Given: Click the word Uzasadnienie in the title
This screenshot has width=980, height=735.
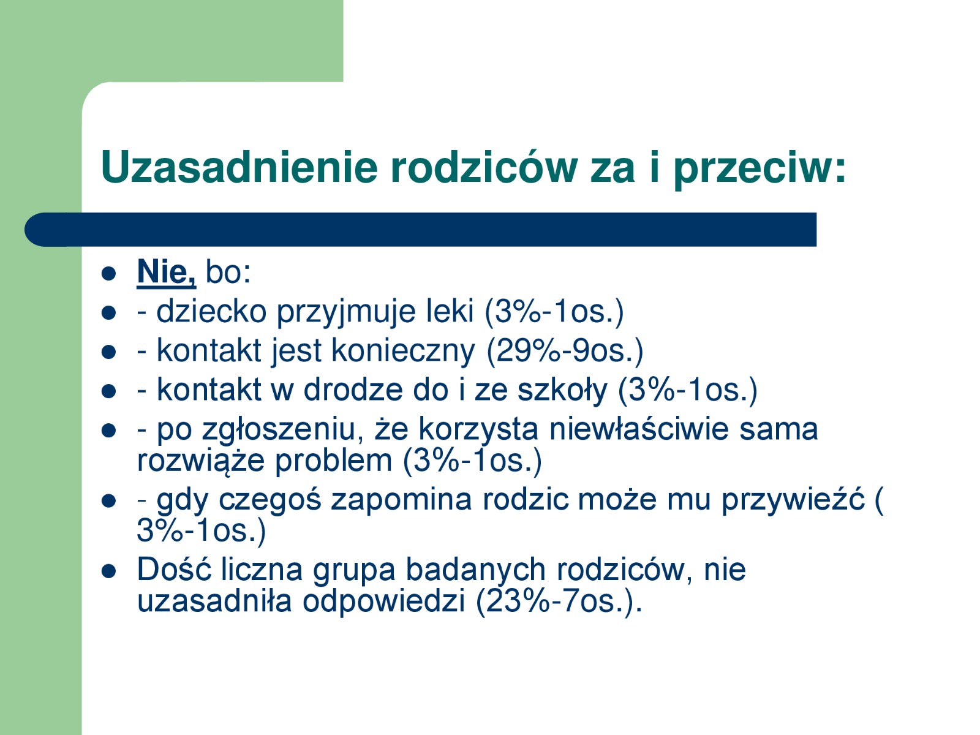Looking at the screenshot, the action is (239, 167).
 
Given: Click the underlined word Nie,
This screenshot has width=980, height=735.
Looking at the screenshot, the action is (166, 272).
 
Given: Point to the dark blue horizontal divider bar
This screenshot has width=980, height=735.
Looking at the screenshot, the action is (421, 229).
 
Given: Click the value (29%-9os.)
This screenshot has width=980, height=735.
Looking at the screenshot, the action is (565, 351).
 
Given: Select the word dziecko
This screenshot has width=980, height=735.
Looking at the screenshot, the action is (211, 311).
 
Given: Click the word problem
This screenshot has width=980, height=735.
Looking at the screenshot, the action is (333, 462).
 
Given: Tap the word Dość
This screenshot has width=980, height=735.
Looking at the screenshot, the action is (174, 569).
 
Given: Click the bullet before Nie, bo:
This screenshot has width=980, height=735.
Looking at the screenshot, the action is (109, 273).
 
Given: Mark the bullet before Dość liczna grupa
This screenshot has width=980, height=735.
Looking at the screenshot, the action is (109, 571).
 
